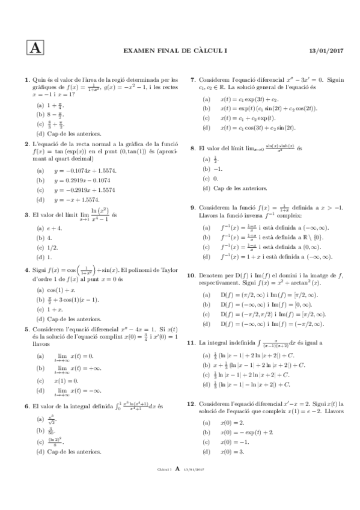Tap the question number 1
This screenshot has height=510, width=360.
(26, 79)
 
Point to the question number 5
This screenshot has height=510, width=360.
(26, 328)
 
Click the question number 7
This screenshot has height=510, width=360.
(192, 79)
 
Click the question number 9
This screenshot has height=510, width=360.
(192, 207)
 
